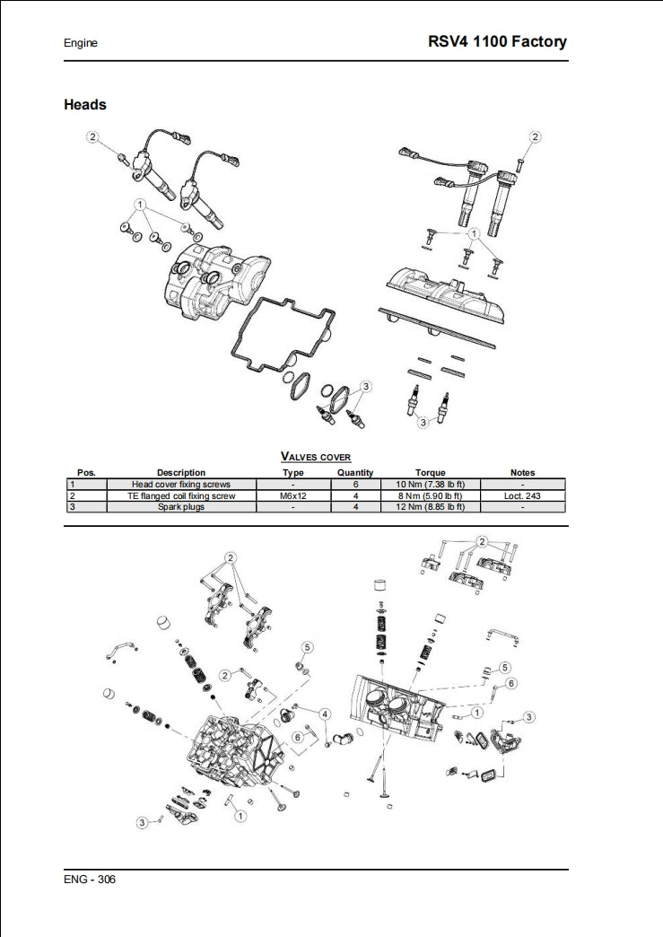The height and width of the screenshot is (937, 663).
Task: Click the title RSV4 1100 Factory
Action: pos(498,41)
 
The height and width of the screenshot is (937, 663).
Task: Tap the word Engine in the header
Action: pos(81,43)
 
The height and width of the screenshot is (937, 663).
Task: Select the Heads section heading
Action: pos(85,105)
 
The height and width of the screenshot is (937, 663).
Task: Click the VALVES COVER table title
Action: pos(316,457)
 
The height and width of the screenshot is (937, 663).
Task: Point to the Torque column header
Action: pos(430,472)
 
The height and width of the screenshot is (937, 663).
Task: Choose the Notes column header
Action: pos(522,472)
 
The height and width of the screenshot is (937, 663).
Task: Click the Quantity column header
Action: pos(355,472)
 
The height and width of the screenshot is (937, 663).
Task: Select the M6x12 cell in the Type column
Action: pos(293,495)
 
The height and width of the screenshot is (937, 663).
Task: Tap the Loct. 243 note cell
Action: pos(522,495)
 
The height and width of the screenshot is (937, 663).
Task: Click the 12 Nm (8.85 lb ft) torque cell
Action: pos(430,507)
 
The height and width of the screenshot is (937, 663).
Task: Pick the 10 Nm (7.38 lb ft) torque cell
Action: pos(430,484)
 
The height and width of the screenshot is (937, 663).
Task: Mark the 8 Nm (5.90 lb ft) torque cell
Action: pos(430,495)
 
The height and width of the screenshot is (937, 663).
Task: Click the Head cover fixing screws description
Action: pos(181,484)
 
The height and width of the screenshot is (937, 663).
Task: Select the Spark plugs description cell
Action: pos(181,507)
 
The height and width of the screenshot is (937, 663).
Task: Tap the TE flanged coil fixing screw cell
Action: pos(181,495)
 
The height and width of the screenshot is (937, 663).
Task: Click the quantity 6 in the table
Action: pos(355,484)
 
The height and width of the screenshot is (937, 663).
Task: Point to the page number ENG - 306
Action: pos(90,879)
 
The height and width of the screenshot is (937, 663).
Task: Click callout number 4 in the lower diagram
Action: pos(325,714)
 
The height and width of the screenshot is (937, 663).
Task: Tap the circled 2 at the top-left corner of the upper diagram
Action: pos(93,136)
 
